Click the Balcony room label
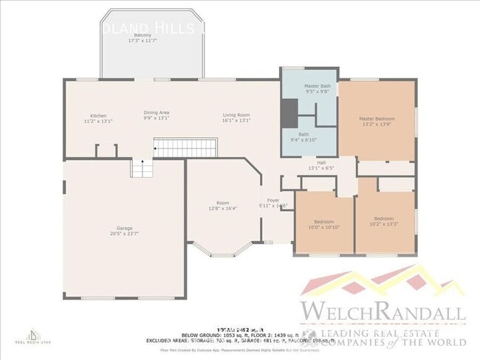click(143, 35)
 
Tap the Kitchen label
click(98, 116)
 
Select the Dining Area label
click(156, 113)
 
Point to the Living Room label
click(237, 115)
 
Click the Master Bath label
click(318, 86)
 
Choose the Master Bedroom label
click(377, 119)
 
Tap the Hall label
click(321, 162)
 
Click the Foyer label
click(273, 200)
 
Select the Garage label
click(124, 229)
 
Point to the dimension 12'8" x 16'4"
click(222, 209)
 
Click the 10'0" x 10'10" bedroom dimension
click(324, 227)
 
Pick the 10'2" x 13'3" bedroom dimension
click(383, 224)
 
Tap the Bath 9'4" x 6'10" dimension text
click(303, 139)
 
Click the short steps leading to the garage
click(141, 169)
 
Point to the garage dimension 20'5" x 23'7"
click(124, 235)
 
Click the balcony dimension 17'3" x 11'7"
click(143, 41)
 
